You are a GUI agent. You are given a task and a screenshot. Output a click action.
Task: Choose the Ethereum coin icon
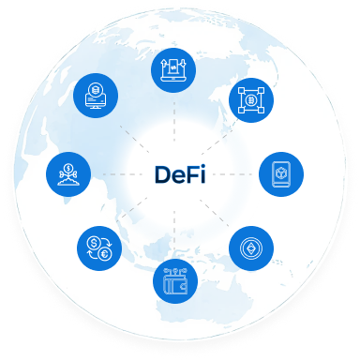(x=251, y=248)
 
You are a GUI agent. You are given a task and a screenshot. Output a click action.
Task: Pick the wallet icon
(x=175, y=279)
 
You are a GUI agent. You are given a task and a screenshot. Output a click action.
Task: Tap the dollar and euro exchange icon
(x=99, y=249)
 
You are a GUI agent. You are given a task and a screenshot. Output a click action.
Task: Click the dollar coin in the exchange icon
(x=93, y=245)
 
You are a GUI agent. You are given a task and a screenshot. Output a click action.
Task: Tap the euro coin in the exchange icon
(x=105, y=254)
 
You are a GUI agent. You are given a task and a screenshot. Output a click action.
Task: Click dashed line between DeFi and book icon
(x=234, y=174)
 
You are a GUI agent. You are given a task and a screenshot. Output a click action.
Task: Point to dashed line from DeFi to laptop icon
(x=175, y=122)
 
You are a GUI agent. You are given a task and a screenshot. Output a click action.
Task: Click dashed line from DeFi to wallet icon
(x=175, y=230)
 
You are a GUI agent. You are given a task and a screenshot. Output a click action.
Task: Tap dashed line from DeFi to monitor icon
(x=131, y=130)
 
